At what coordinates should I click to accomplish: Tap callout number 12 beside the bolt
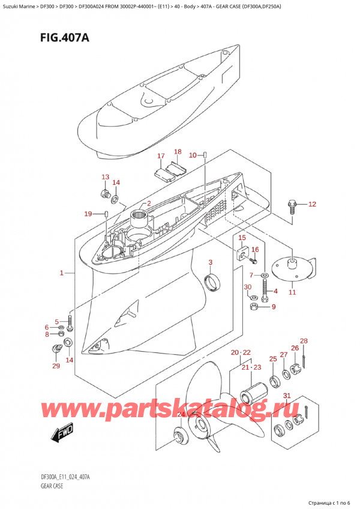311,205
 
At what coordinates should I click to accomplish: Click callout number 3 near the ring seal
211,262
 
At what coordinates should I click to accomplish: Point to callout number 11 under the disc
292,292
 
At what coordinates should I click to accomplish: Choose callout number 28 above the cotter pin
304,341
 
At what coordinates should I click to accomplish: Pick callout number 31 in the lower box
287,395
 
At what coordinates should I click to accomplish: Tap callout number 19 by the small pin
88,214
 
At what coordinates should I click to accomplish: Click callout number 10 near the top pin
193,155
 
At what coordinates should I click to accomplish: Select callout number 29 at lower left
56,366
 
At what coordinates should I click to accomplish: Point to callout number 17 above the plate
161,156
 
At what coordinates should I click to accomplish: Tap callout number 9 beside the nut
274,307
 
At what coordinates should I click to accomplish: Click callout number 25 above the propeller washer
273,359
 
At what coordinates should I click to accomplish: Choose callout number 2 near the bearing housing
148,203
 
